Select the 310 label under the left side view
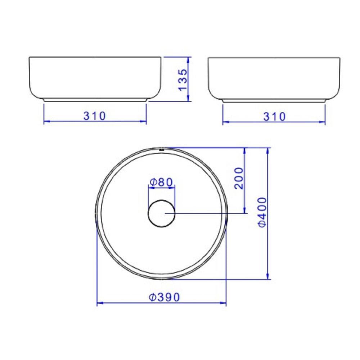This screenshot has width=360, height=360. tap(95, 116)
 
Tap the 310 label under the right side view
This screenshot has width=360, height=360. tap(274, 117)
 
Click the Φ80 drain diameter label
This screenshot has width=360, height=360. tap(162, 182)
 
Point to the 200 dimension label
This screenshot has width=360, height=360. tap(239, 178)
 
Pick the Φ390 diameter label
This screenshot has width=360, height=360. tap(164, 297)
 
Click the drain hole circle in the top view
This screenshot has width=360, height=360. tap(161, 213)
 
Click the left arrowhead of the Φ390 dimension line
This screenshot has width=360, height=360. tap(99, 303)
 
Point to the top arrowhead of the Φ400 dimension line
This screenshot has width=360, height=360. tap(268, 150)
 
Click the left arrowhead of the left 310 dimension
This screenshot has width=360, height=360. tap(46, 121)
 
